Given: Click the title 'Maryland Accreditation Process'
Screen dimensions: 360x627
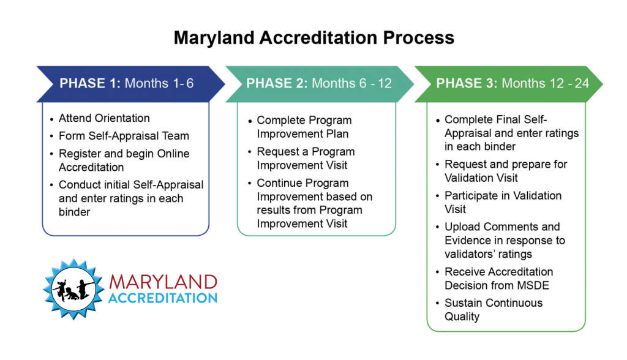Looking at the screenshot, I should point(313,38).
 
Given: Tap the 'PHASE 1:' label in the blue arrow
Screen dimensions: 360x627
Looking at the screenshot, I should point(90,83).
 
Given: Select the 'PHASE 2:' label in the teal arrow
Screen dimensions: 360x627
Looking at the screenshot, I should point(277,83).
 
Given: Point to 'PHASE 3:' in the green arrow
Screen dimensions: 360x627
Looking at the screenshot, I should point(467,83).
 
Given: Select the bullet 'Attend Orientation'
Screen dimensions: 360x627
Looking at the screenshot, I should point(104,118).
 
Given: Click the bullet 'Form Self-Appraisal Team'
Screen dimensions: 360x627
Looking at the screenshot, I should point(124,136).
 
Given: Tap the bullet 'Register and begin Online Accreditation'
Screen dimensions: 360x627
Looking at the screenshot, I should point(124,160).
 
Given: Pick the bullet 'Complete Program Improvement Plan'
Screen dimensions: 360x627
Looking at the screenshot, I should point(304,127).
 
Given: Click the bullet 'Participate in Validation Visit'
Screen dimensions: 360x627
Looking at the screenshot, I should point(503,202).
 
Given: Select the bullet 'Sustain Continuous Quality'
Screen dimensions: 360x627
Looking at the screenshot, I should point(494,309).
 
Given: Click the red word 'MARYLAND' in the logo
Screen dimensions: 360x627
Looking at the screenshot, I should point(163,282).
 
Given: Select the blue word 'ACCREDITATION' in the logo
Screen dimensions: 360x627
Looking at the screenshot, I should point(163,298).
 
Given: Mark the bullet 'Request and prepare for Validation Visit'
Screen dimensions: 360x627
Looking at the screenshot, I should point(506,171).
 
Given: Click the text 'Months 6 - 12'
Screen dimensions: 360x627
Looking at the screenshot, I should point(351,83).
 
